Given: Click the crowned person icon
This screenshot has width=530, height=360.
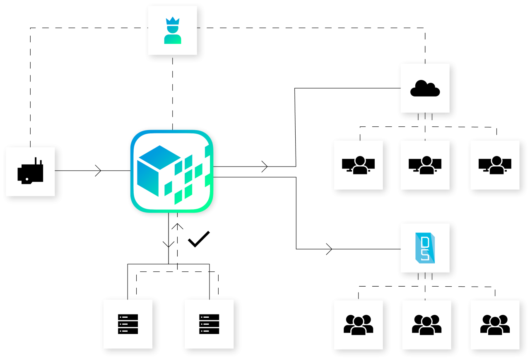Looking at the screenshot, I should (173, 31).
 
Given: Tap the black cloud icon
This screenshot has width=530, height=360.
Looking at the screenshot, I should (425, 88).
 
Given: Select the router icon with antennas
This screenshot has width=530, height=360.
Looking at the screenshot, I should (31, 172).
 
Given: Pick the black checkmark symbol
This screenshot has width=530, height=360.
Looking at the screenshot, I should (199, 239).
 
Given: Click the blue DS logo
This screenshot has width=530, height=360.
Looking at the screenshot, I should (425, 248).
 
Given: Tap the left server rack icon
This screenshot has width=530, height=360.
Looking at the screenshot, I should (128, 324).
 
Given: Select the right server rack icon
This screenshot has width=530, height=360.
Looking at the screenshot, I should (209, 324).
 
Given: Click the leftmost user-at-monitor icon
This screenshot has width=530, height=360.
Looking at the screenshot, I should (359, 165).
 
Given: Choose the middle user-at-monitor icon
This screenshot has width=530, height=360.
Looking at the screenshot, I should (425, 165).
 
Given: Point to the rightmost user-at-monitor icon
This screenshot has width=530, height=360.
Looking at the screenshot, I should (495, 165).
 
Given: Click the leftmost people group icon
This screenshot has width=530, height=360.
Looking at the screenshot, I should (359, 325).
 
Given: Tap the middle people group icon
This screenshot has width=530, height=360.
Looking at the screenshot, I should (426, 325).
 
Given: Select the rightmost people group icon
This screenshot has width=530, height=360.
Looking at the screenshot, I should (495, 325).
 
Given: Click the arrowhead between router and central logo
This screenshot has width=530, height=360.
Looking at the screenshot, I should (99, 171).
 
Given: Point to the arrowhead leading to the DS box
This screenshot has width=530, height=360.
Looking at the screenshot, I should (330, 249).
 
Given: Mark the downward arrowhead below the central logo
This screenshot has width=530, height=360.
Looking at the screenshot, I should (169, 244).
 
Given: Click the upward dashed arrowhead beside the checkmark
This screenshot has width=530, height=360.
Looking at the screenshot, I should (178, 226).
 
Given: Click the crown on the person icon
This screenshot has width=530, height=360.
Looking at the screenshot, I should (173, 21).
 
